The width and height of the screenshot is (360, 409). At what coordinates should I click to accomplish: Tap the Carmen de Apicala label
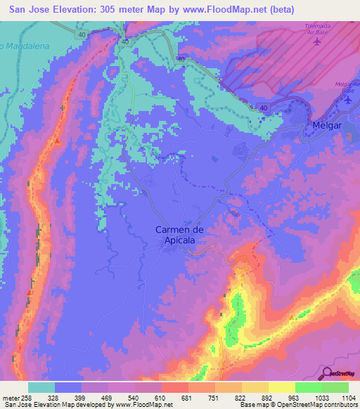pos(176,234)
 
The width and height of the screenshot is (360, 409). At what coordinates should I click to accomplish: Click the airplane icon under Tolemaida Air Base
pos(316,40)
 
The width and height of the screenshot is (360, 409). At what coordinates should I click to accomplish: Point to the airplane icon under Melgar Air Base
pos(348,100)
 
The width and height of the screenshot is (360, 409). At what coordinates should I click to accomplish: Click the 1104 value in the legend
pos(349,398)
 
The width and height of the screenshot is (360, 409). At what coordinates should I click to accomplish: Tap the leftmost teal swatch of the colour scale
pos(41,387)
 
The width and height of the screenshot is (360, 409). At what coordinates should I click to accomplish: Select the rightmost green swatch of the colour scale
pos(335,387)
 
